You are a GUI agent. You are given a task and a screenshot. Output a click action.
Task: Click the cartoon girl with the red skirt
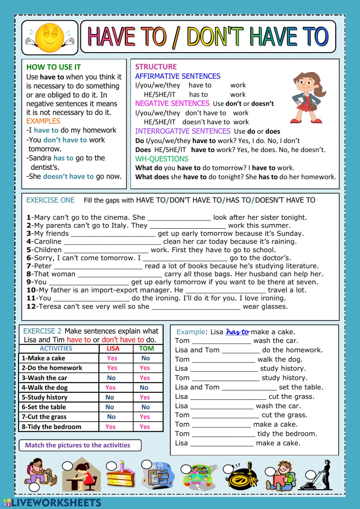307,98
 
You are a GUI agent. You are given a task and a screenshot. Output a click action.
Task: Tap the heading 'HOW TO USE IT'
54,67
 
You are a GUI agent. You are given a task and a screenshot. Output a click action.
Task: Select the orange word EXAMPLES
43,121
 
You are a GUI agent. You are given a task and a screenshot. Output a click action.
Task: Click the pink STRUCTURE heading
156,67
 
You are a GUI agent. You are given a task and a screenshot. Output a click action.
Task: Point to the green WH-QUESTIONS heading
162,159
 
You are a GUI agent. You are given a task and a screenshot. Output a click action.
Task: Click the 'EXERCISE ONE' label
50,200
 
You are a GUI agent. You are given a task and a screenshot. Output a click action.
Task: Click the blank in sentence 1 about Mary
179,218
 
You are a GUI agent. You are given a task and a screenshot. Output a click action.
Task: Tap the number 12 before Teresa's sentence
31,307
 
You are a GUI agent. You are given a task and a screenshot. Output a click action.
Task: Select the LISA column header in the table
113,348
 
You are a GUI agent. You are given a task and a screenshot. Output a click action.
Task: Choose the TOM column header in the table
146,348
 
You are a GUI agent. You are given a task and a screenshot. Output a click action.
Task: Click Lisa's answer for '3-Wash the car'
111,378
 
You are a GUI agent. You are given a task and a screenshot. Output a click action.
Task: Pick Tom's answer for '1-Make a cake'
145,358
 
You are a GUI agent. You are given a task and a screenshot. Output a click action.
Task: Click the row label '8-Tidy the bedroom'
51,427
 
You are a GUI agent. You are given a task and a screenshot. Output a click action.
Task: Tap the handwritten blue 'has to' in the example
238,332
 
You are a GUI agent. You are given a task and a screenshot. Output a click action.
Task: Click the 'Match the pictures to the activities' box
80,445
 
